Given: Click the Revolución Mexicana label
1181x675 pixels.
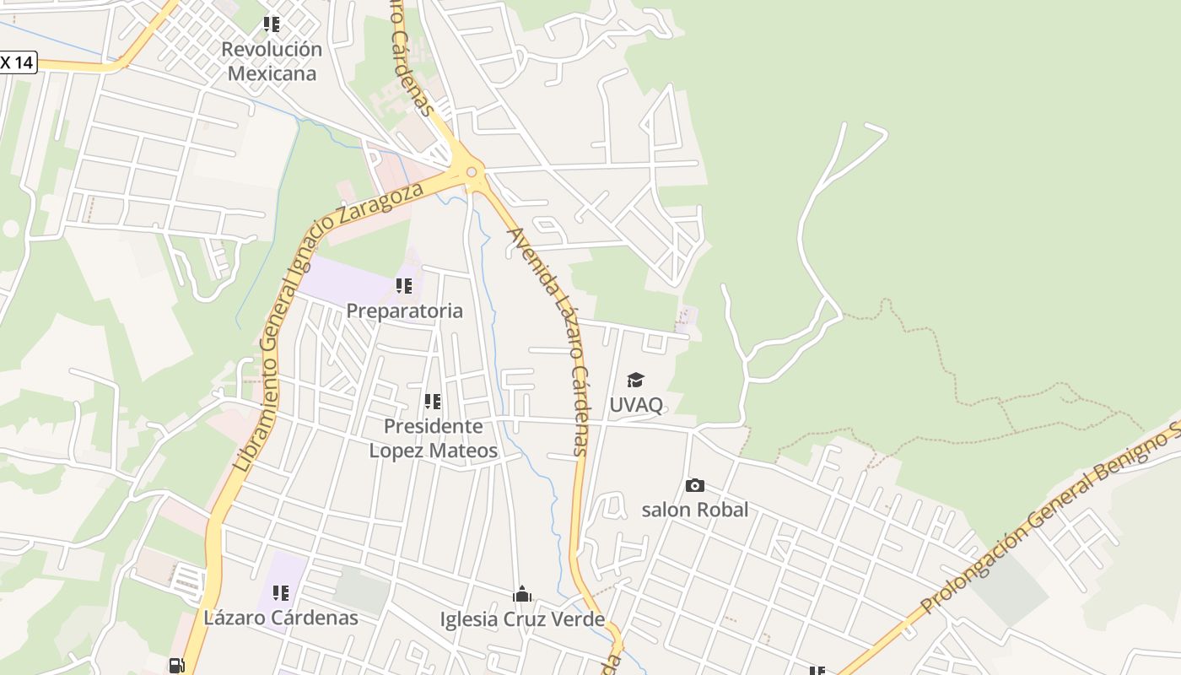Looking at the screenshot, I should pos(272,61).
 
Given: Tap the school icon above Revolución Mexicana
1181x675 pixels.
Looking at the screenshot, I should pos(271,24).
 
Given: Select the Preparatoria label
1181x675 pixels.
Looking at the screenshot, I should pos(404,310).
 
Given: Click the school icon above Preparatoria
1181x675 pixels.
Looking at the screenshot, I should pos(404,286).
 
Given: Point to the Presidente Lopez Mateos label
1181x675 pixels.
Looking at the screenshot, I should pos(433,438).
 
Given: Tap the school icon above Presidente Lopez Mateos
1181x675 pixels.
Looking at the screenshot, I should pos(433,402).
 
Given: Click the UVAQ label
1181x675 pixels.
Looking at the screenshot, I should pos(636,404).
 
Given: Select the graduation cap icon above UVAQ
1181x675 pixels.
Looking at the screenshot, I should pos(635,381).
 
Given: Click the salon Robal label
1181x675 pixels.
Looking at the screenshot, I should pos(694,509).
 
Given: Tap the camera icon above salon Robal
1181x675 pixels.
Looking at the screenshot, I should pos(694,485).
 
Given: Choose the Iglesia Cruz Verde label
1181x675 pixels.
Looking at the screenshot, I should pos(522,619).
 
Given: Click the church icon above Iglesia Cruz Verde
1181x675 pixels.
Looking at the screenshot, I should pos(522,595).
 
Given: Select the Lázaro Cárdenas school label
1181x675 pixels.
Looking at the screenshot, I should pos(281,618).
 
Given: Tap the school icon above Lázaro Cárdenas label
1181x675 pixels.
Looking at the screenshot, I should pos(281,593).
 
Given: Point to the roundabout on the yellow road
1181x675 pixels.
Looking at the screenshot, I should pos(471,172).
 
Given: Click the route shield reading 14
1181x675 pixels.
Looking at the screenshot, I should pos(18,62).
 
